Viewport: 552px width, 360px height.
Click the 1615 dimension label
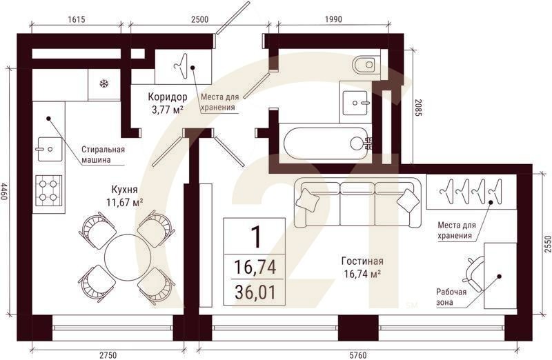76,19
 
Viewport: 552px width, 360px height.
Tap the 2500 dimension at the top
199,19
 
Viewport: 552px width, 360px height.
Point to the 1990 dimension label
333,19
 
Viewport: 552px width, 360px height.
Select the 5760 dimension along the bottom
358,354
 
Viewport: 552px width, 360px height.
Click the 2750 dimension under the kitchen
108,354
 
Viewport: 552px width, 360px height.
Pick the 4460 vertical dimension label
4,191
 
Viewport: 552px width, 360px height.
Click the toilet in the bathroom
366,64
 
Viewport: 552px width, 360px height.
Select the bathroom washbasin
356,103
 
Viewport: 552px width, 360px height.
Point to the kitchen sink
50,149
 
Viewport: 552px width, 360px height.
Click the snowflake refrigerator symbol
104,83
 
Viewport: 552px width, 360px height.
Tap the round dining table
128,257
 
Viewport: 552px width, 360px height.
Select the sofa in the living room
358,203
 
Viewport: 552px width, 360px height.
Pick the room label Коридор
167,97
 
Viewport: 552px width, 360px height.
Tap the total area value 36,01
255,292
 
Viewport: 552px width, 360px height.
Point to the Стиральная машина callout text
103,154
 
